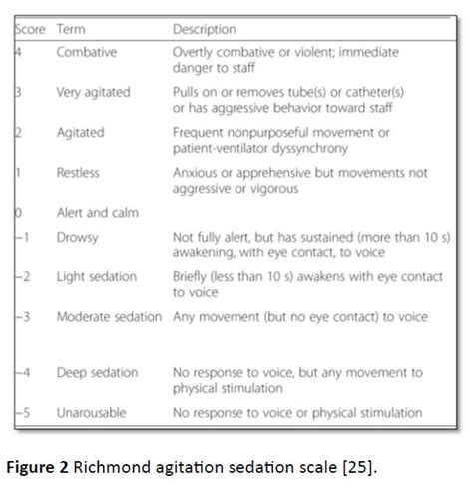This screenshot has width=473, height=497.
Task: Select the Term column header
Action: pos(72,29)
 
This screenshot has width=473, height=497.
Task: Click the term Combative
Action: pos(88,50)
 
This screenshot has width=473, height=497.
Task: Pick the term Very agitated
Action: pos(94,92)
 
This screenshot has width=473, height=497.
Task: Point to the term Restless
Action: pos(80,172)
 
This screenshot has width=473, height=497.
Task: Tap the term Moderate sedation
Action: pos(109,317)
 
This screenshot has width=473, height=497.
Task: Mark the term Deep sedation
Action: pos(98,373)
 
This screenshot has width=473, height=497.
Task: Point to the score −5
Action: pos(24,412)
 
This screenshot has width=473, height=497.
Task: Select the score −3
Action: pos(24,317)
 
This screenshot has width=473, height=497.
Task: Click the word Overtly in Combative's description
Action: pos(196,50)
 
